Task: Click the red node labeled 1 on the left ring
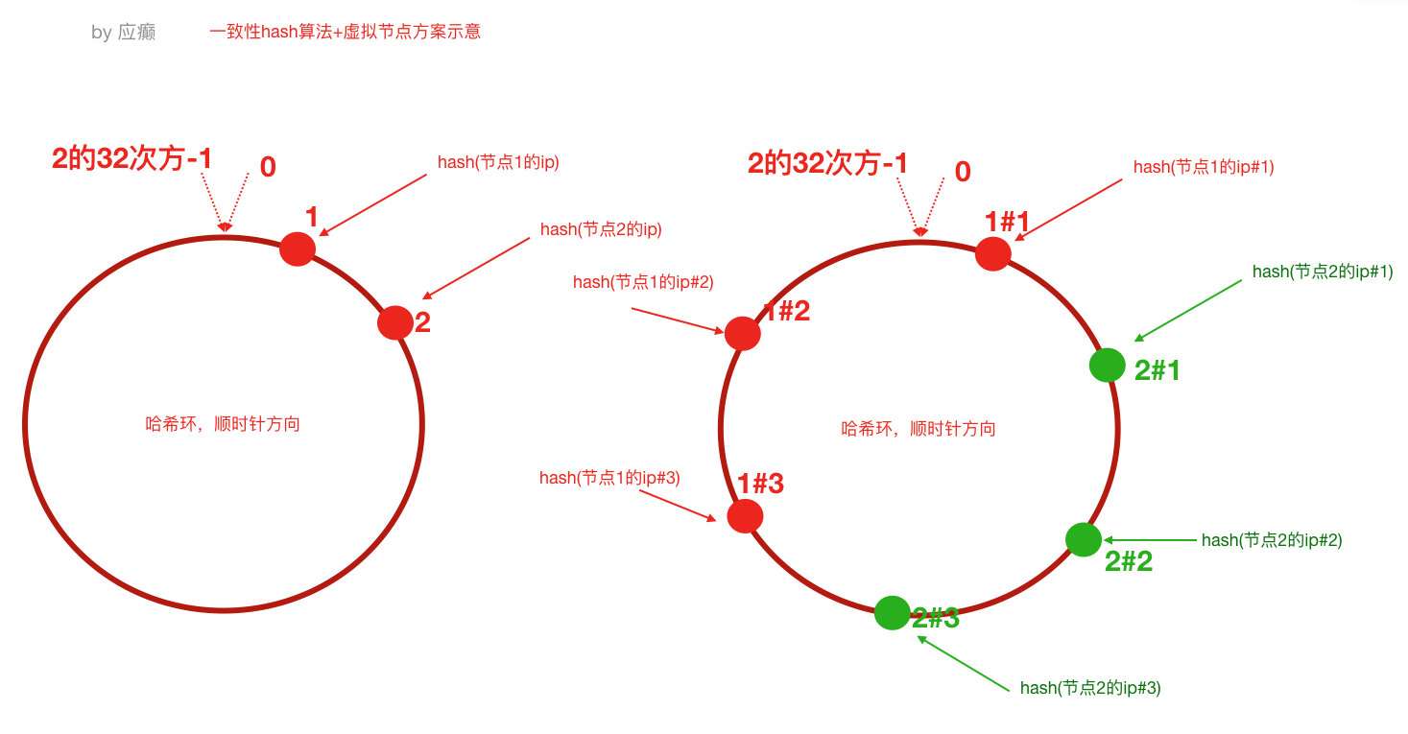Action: [x=298, y=249]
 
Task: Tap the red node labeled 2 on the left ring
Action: [x=394, y=322]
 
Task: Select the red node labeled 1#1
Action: [x=992, y=254]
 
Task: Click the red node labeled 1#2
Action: [x=743, y=333]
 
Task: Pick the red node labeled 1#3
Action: [x=745, y=516]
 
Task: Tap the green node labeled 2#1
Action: [x=1108, y=365]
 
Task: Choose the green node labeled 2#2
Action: [x=1084, y=539]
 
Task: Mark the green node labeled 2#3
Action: [x=892, y=612]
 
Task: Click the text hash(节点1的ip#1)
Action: [x=1204, y=167]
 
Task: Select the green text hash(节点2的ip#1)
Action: [x=1323, y=272]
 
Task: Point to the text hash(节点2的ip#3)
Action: [x=1090, y=688]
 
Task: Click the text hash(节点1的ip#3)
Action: [x=609, y=478]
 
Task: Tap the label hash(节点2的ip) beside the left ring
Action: [x=601, y=229]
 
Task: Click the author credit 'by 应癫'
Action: [x=124, y=33]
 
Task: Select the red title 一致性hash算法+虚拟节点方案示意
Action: [x=345, y=32]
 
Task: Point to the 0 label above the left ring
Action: [x=268, y=167]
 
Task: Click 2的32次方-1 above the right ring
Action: [x=827, y=163]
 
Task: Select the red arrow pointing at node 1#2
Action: [x=678, y=320]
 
